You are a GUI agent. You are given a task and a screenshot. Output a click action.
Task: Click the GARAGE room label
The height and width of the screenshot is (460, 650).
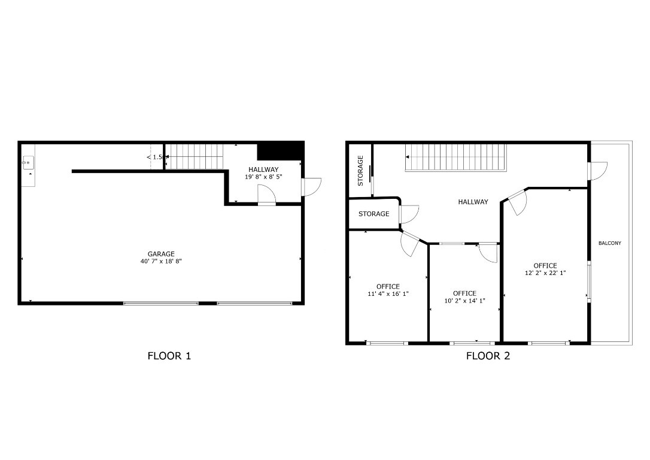click(x=161, y=254)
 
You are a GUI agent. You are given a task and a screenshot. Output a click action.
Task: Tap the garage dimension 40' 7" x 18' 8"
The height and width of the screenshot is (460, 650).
click(x=161, y=261)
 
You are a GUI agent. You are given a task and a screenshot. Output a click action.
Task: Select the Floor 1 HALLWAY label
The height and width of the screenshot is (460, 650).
click(x=263, y=170)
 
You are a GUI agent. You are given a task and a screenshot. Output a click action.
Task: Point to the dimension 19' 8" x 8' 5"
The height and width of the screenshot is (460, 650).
click(x=263, y=177)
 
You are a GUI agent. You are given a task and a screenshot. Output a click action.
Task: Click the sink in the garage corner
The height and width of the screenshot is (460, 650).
click(x=28, y=162)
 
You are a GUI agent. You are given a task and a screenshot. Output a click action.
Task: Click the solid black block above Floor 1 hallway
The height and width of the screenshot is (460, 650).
click(x=280, y=150)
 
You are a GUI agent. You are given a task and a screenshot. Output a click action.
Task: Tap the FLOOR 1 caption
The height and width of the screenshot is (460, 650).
click(x=169, y=356)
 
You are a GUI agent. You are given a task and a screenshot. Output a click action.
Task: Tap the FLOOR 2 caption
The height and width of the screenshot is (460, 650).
click(x=488, y=356)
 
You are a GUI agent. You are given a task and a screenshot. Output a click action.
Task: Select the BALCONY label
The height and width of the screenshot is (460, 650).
click(x=610, y=243)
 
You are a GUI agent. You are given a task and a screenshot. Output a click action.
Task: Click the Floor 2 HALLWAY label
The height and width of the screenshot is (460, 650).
click(x=473, y=202)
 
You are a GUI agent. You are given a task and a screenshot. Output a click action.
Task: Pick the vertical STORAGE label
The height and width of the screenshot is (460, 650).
click(x=360, y=170)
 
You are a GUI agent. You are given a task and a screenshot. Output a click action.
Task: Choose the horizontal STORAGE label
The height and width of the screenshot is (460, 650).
click(x=373, y=214)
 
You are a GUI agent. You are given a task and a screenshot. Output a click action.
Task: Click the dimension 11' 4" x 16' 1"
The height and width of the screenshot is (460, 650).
click(x=388, y=293)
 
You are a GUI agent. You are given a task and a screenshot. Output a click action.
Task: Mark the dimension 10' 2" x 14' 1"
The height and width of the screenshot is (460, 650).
click(x=464, y=301)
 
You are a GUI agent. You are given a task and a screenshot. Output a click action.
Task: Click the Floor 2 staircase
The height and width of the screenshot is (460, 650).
click(x=455, y=157)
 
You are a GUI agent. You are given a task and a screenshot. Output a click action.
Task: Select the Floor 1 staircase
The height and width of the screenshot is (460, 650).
click(x=193, y=156)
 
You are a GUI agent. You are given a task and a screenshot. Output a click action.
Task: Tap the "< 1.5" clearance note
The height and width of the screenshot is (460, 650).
click(x=154, y=157)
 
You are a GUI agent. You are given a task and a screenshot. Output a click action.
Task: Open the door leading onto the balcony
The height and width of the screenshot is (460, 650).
click(x=597, y=171)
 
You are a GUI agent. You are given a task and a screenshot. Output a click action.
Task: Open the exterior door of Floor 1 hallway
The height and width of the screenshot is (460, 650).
click(x=311, y=187)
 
